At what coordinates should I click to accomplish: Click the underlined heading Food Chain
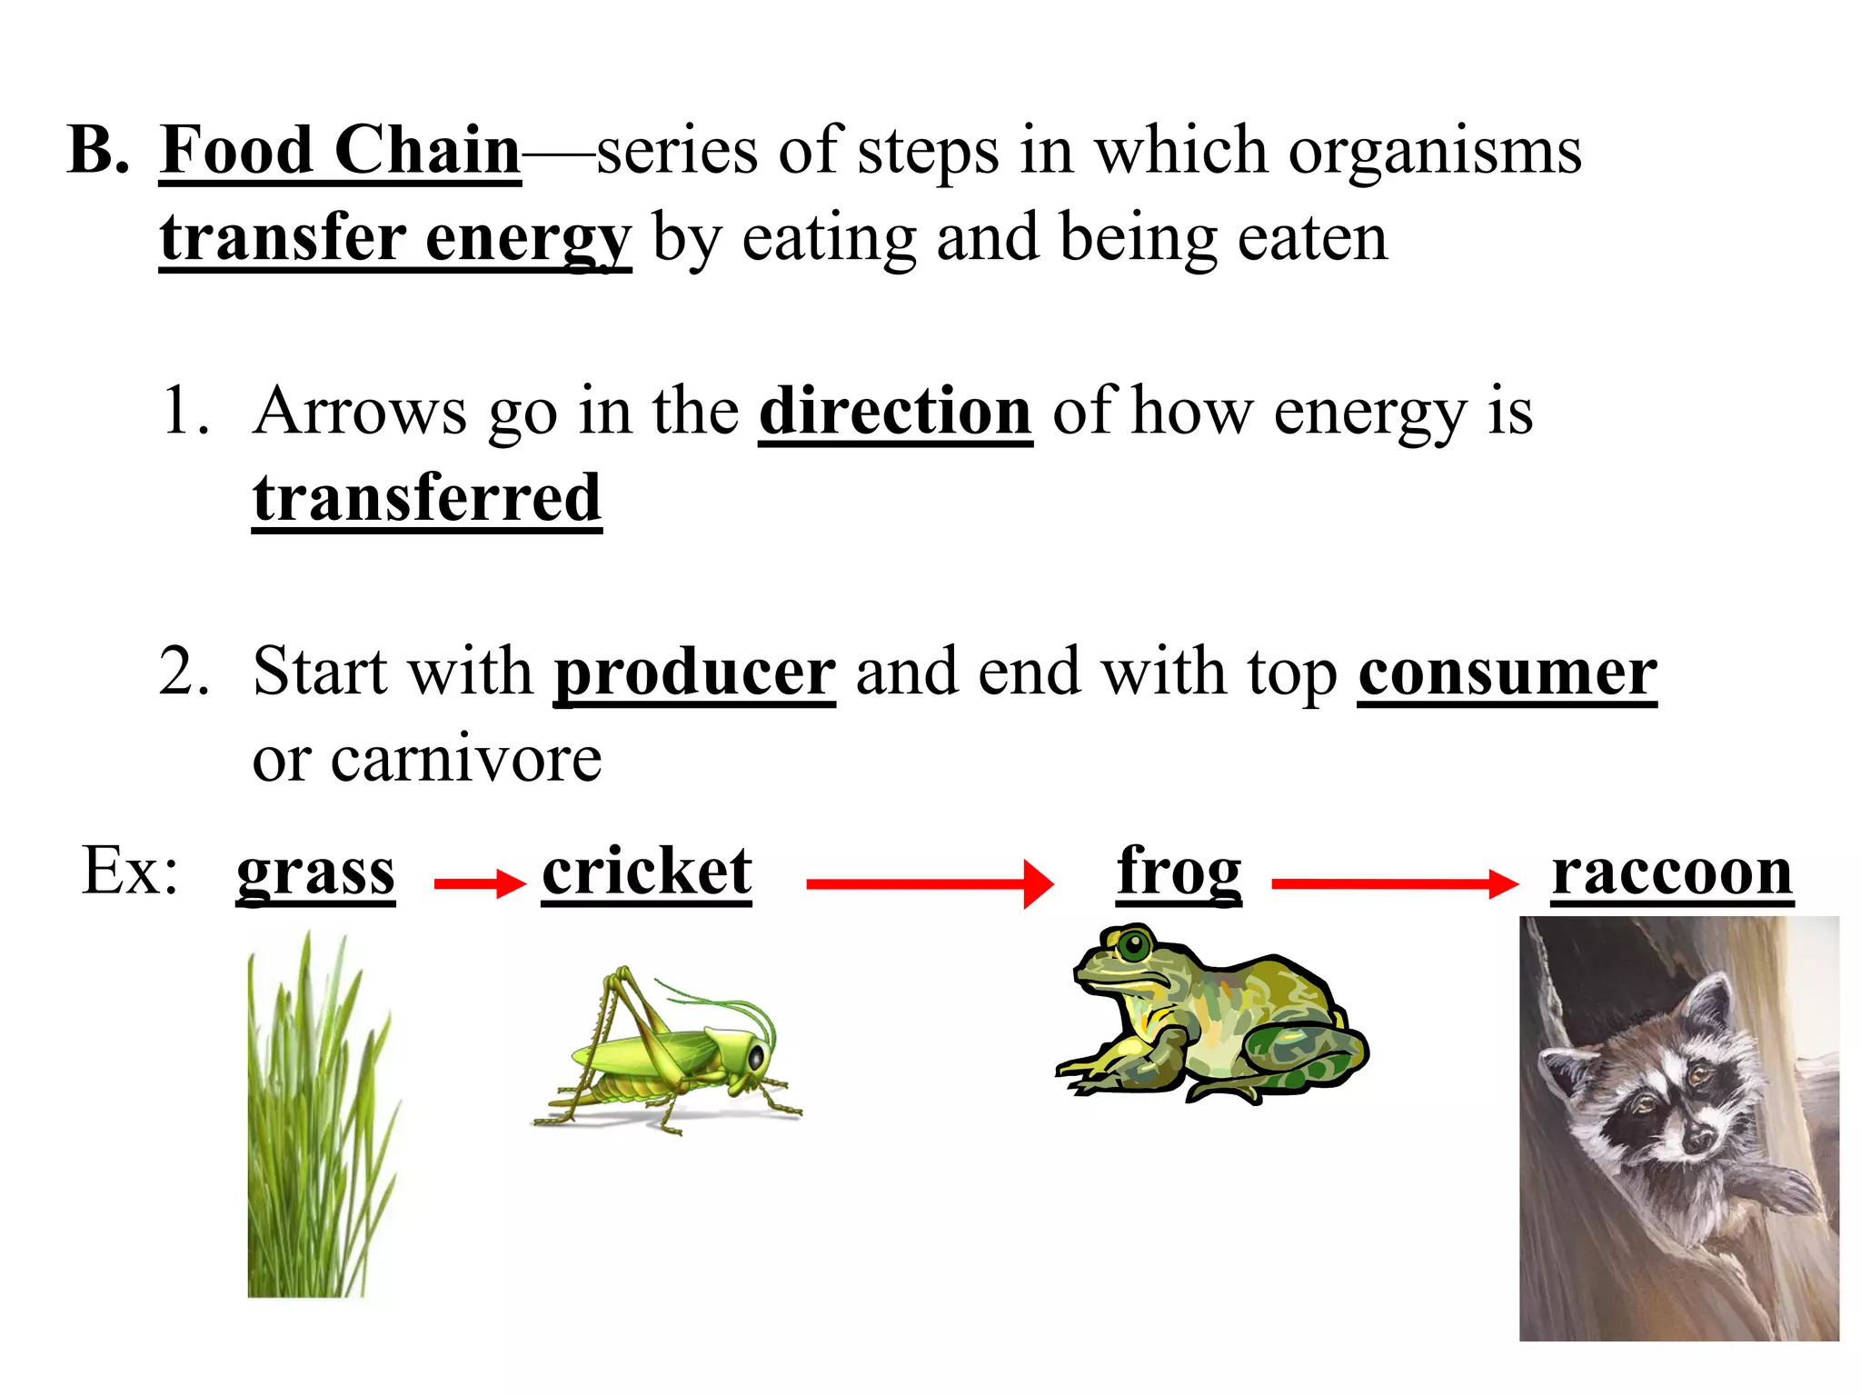340,151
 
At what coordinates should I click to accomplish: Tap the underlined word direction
895,412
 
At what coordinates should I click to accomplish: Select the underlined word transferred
427,498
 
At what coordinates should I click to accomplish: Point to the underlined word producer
694,673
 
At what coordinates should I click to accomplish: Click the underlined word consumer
1508,673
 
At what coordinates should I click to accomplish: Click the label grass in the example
315,872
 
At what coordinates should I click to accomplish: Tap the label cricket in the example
647,872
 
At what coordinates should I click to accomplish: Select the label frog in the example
1179,872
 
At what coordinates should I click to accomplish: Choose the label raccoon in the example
1672,872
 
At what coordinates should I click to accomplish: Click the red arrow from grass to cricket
480,883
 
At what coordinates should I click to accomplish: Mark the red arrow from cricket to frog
930,883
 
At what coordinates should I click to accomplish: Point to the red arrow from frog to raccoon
1395,882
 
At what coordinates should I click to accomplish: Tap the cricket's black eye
755,1056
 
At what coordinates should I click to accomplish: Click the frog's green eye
1133,945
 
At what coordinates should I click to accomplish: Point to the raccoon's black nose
1698,1136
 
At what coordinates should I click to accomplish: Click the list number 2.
184,673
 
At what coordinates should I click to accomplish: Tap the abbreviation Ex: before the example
130,871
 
